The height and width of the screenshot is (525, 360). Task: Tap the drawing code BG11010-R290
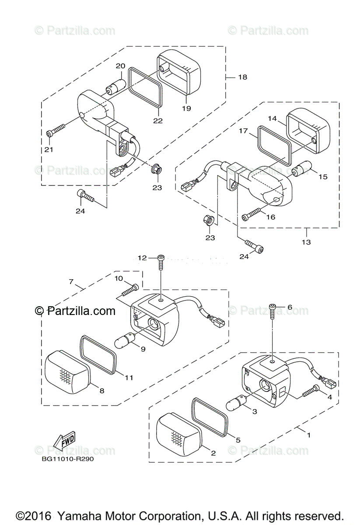click(x=68, y=459)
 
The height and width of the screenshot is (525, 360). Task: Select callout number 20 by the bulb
click(x=120, y=66)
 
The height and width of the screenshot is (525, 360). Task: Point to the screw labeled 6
click(x=273, y=312)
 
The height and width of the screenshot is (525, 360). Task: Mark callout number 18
click(x=242, y=77)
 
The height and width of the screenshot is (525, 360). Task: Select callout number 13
click(x=306, y=242)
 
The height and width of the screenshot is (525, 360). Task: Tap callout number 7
click(x=71, y=282)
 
